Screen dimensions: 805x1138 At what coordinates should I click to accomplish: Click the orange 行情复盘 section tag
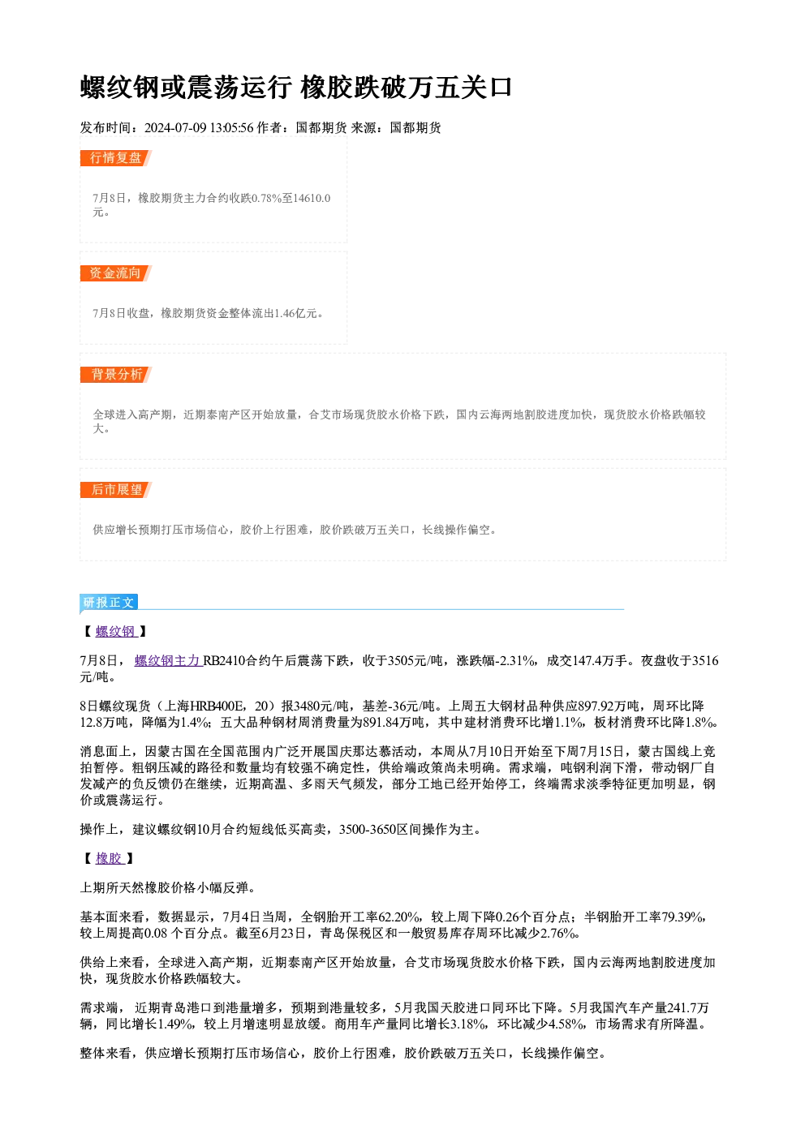pyautogui.click(x=116, y=158)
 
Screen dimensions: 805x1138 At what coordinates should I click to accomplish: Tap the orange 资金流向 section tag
pyautogui.click(x=116, y=273)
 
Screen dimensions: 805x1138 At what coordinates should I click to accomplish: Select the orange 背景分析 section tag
pyautogui.click(x=116, y=375)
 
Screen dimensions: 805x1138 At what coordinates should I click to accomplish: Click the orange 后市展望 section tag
pyautogui.click(x=116, y=490)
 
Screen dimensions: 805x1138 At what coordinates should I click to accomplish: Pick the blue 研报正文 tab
pyautogui.click(x=109, y=603)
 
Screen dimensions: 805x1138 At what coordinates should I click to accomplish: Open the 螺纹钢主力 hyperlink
pyautogui.click(x=169, y=660)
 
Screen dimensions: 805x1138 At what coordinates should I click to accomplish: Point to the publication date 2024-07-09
pyautogui.click(x=175, y=127)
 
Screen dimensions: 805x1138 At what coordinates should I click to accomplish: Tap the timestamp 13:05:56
pyautogui.click(x=232, y=127)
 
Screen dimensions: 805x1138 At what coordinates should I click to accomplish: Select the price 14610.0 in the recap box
pyautogui.click(x=312, y=198)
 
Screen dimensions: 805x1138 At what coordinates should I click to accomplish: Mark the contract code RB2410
pyautogui.click(x=224, y=660)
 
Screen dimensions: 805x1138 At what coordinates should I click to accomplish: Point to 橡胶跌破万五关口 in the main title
pyautogui.click(x=406, y=87)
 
